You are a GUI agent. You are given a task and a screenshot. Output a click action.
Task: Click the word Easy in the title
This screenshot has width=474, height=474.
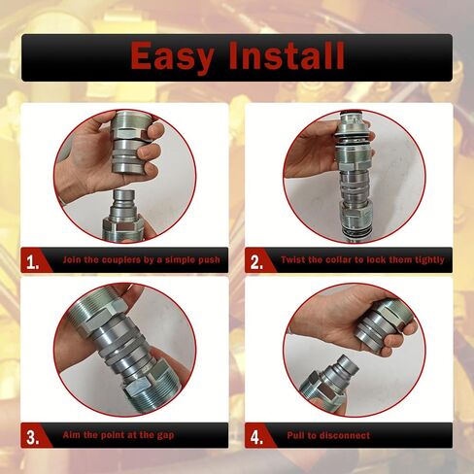172,56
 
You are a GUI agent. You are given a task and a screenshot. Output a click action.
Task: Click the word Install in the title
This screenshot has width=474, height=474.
287,55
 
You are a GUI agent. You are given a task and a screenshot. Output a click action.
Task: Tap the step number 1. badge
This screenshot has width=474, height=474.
33,262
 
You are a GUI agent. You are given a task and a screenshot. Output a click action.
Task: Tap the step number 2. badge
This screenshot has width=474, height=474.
256,262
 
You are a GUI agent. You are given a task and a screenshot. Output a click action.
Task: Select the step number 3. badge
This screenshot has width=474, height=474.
33,437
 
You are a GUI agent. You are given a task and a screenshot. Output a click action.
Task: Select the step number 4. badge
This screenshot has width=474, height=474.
256,437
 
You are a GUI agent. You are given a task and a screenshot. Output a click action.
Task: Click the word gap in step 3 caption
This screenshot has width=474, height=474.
166,435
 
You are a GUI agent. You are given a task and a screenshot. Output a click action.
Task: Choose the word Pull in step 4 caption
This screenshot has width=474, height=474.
295,435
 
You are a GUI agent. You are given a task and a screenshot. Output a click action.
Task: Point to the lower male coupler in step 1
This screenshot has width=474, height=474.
123,217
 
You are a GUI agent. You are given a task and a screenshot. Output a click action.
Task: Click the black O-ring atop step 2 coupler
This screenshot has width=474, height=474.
353,113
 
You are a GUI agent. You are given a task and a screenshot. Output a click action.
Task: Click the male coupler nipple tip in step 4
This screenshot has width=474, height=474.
350,362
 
